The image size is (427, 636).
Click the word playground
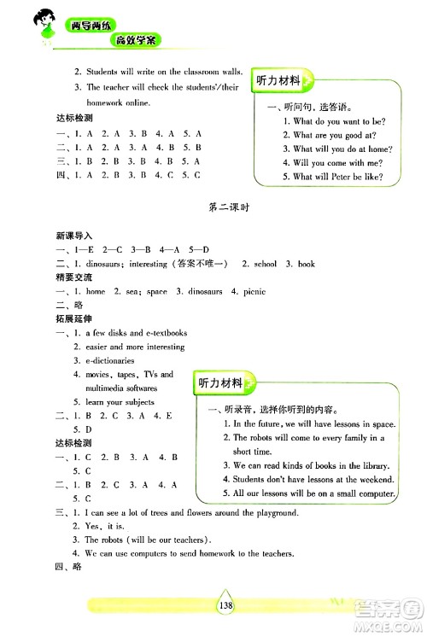tap(271, 512)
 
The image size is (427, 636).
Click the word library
tap(373, 465)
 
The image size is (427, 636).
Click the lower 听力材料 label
tap(219, 382)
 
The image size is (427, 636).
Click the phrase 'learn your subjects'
tap(120, 401)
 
